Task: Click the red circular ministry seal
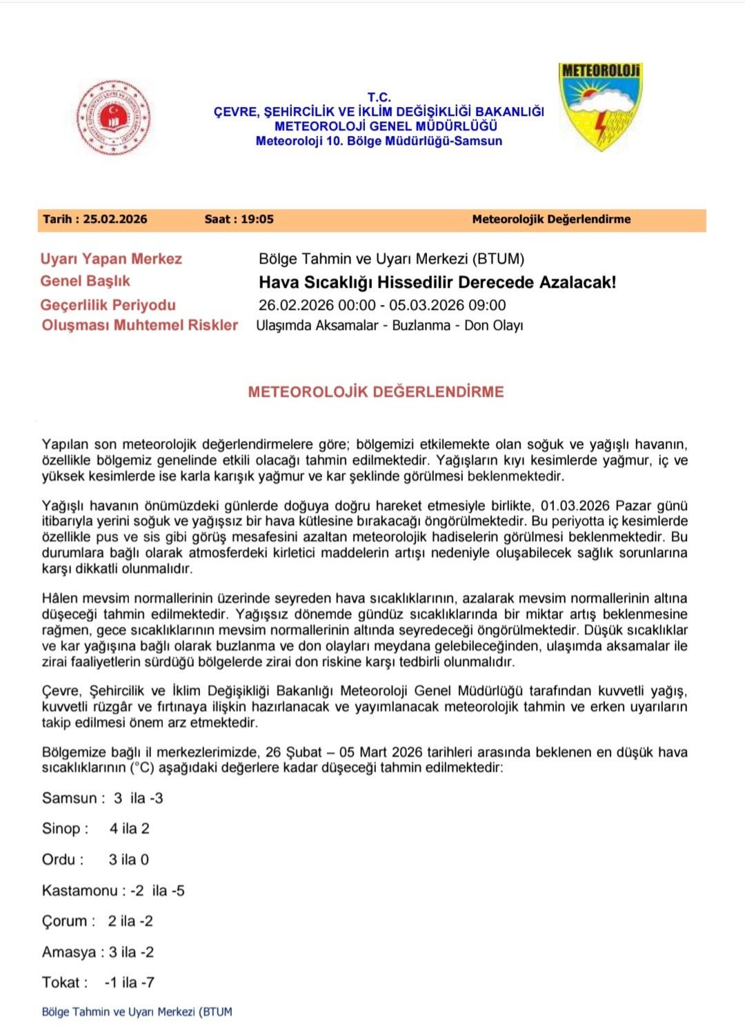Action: pyautogui.click(x=113, y=117)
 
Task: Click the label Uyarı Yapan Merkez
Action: pyautogui.click(x=111, y=259)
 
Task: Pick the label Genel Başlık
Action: pyautogui.click(x=86, y=281)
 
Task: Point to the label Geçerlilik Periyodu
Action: pyautogui.click(x=108, y=305)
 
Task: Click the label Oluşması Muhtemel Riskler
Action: pyautogui.click(x=140, y=325)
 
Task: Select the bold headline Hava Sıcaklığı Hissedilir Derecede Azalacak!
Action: pyautogui.click(x=437, y=282)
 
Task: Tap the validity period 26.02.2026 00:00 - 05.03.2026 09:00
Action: pyautogui.click(x=382, y=305)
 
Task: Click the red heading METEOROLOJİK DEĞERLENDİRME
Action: pyautogui.click(x=376, y=392)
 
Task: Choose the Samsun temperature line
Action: pyautogui.click(x=103, y=798)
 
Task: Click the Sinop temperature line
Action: pyautogui.click(x=96, y=829)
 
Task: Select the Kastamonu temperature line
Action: pyautogui.click(x=113, y=891)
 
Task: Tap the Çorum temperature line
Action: pyautogui.click(x=97, y=921)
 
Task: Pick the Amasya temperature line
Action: pyautogui.click(x=98, y=952)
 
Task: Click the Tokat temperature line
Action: pyautogui.click(x=98, y=983)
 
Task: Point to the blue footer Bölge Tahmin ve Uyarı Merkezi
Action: pyautogui.click(x=137, y=1012)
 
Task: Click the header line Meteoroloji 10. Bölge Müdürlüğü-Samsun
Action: pyautogui.click(x=379, y=141)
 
